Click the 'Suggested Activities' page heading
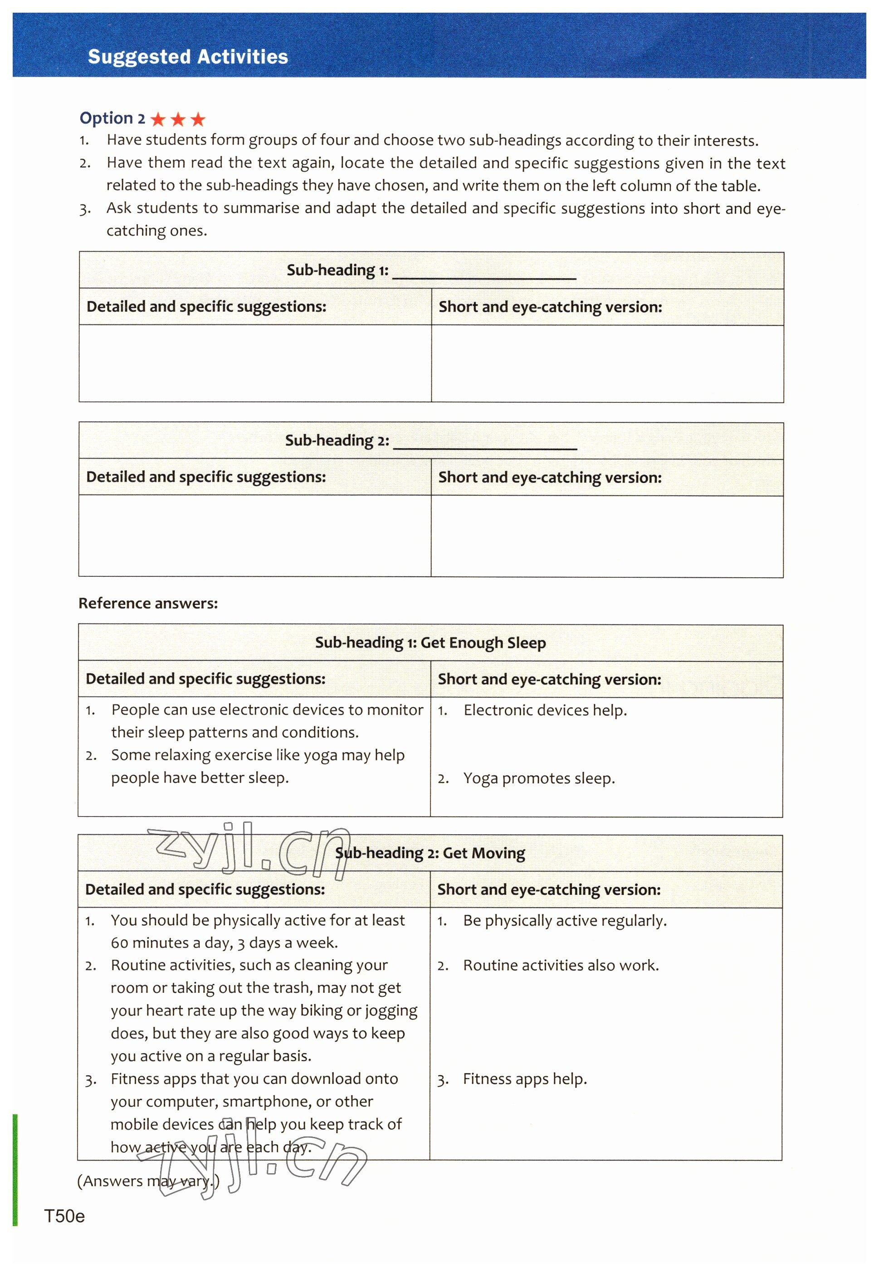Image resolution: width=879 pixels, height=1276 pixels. pos(188,57)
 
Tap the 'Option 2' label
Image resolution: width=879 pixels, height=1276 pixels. pos(112,118)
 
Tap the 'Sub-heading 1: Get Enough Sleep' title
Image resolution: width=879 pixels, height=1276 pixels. pos(430,643)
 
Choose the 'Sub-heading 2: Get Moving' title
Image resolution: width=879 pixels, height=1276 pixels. pos(430,853)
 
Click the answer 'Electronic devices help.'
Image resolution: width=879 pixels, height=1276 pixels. pos(545,710)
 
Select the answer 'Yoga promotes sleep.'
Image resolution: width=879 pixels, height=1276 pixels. pos(539,778)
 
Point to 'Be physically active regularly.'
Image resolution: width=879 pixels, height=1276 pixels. pos(565,921)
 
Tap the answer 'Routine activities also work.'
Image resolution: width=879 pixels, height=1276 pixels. pos(561,965)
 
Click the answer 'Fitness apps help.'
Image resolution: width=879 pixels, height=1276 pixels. pos(525,1079)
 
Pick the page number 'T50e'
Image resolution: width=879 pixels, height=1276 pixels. pos(64,1216)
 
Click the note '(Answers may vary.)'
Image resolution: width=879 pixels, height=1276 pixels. pos(148,1181)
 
